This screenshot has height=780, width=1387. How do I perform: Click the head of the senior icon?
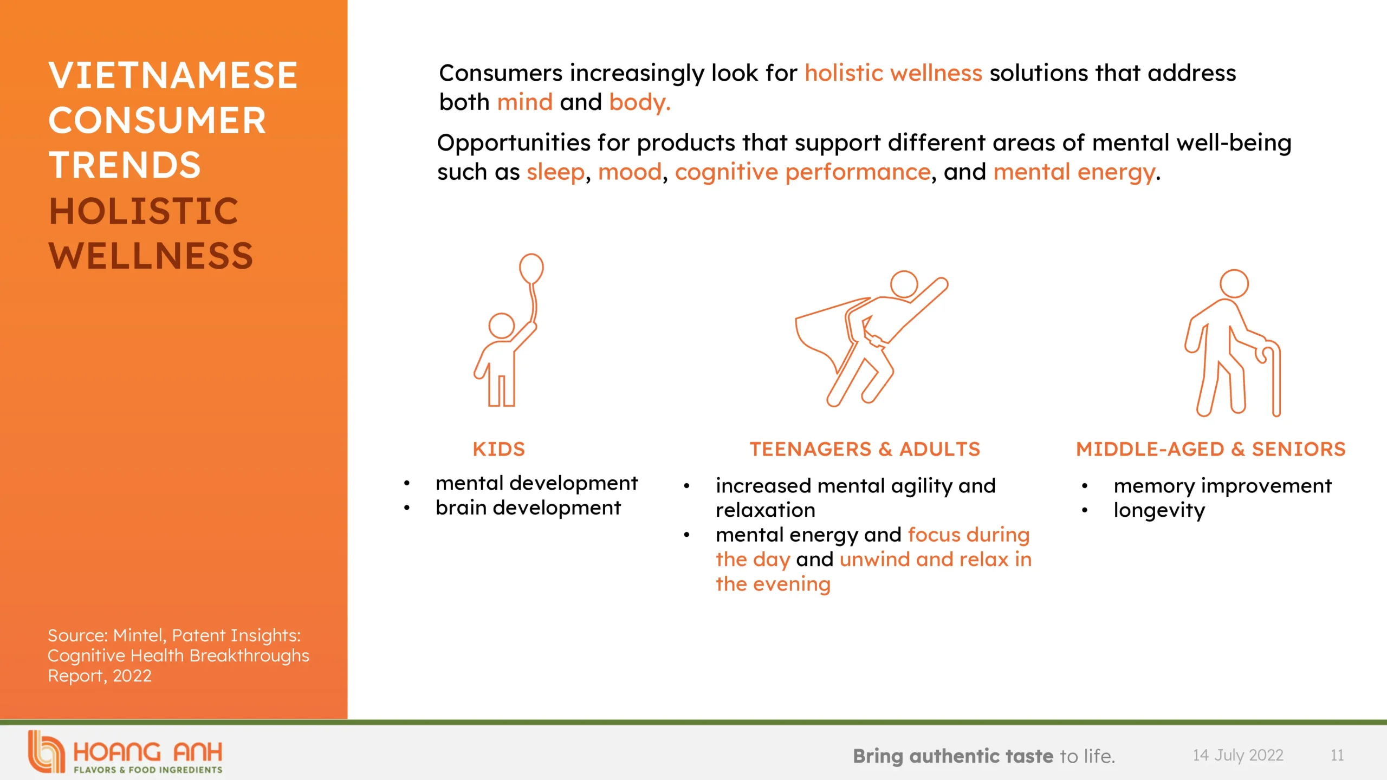coord(1234,283)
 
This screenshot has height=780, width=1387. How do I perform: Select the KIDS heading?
coord(498,449)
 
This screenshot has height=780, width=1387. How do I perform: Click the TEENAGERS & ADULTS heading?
coord(865,449)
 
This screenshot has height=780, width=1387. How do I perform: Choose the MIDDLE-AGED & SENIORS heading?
coord(1211,449)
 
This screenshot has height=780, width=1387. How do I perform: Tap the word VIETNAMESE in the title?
coord(173,75)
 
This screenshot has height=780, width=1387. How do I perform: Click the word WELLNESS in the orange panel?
coord(151,256)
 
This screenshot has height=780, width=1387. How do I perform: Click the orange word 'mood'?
coord(630,172)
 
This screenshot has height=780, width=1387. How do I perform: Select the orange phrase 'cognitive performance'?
coord(803,173)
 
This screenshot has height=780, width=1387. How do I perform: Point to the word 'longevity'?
coord(1159,510)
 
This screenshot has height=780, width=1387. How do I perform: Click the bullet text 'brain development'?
coord(528,508)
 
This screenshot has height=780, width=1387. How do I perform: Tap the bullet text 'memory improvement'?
coord(1223,486)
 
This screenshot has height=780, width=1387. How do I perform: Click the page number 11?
coord(1337,755)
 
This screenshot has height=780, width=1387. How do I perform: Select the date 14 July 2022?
coord(1238,755)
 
